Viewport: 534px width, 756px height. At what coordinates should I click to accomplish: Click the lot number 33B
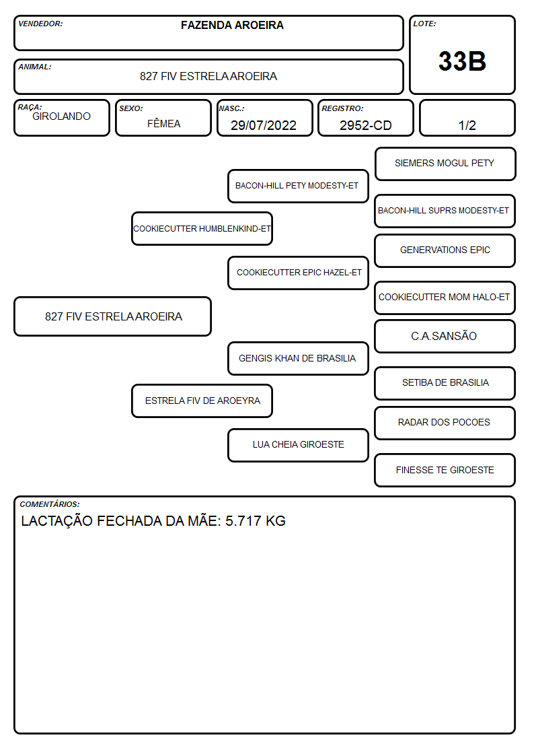click(462, 61)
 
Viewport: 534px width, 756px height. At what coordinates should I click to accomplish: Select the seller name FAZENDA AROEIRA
click(232, 25)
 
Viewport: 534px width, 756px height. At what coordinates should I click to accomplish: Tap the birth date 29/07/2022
click(264, 125)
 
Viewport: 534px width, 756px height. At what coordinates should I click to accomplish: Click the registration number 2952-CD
click(365, 125)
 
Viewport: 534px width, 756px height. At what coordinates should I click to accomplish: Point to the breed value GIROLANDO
click(61, 116)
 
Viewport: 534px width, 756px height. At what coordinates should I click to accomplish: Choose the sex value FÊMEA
click(163, 123)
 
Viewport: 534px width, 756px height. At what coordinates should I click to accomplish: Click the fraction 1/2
click(467, 125)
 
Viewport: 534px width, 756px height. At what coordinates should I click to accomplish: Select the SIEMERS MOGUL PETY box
click(445, 164)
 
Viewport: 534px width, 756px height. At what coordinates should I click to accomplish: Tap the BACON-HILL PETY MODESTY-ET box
click(298, 186)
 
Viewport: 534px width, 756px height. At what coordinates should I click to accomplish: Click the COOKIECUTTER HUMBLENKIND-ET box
click(202, 228)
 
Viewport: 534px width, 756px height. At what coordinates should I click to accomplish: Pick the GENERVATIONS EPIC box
click(445, 250)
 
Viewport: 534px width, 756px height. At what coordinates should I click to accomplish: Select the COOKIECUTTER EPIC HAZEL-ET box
click(298, 273)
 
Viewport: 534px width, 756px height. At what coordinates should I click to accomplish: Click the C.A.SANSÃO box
click(445, 337)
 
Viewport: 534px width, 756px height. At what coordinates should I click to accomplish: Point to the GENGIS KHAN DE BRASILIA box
click(298, 358)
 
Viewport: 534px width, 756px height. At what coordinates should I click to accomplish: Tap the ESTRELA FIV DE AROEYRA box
click(202, 401)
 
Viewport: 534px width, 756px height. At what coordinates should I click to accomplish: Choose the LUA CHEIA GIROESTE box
click(298, 445)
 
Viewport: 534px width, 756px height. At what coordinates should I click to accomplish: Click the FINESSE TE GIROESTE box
click(445, 470)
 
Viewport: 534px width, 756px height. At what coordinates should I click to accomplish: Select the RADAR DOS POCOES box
click(445, 423)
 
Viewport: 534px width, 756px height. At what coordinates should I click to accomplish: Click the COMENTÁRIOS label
click(50, 504)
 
